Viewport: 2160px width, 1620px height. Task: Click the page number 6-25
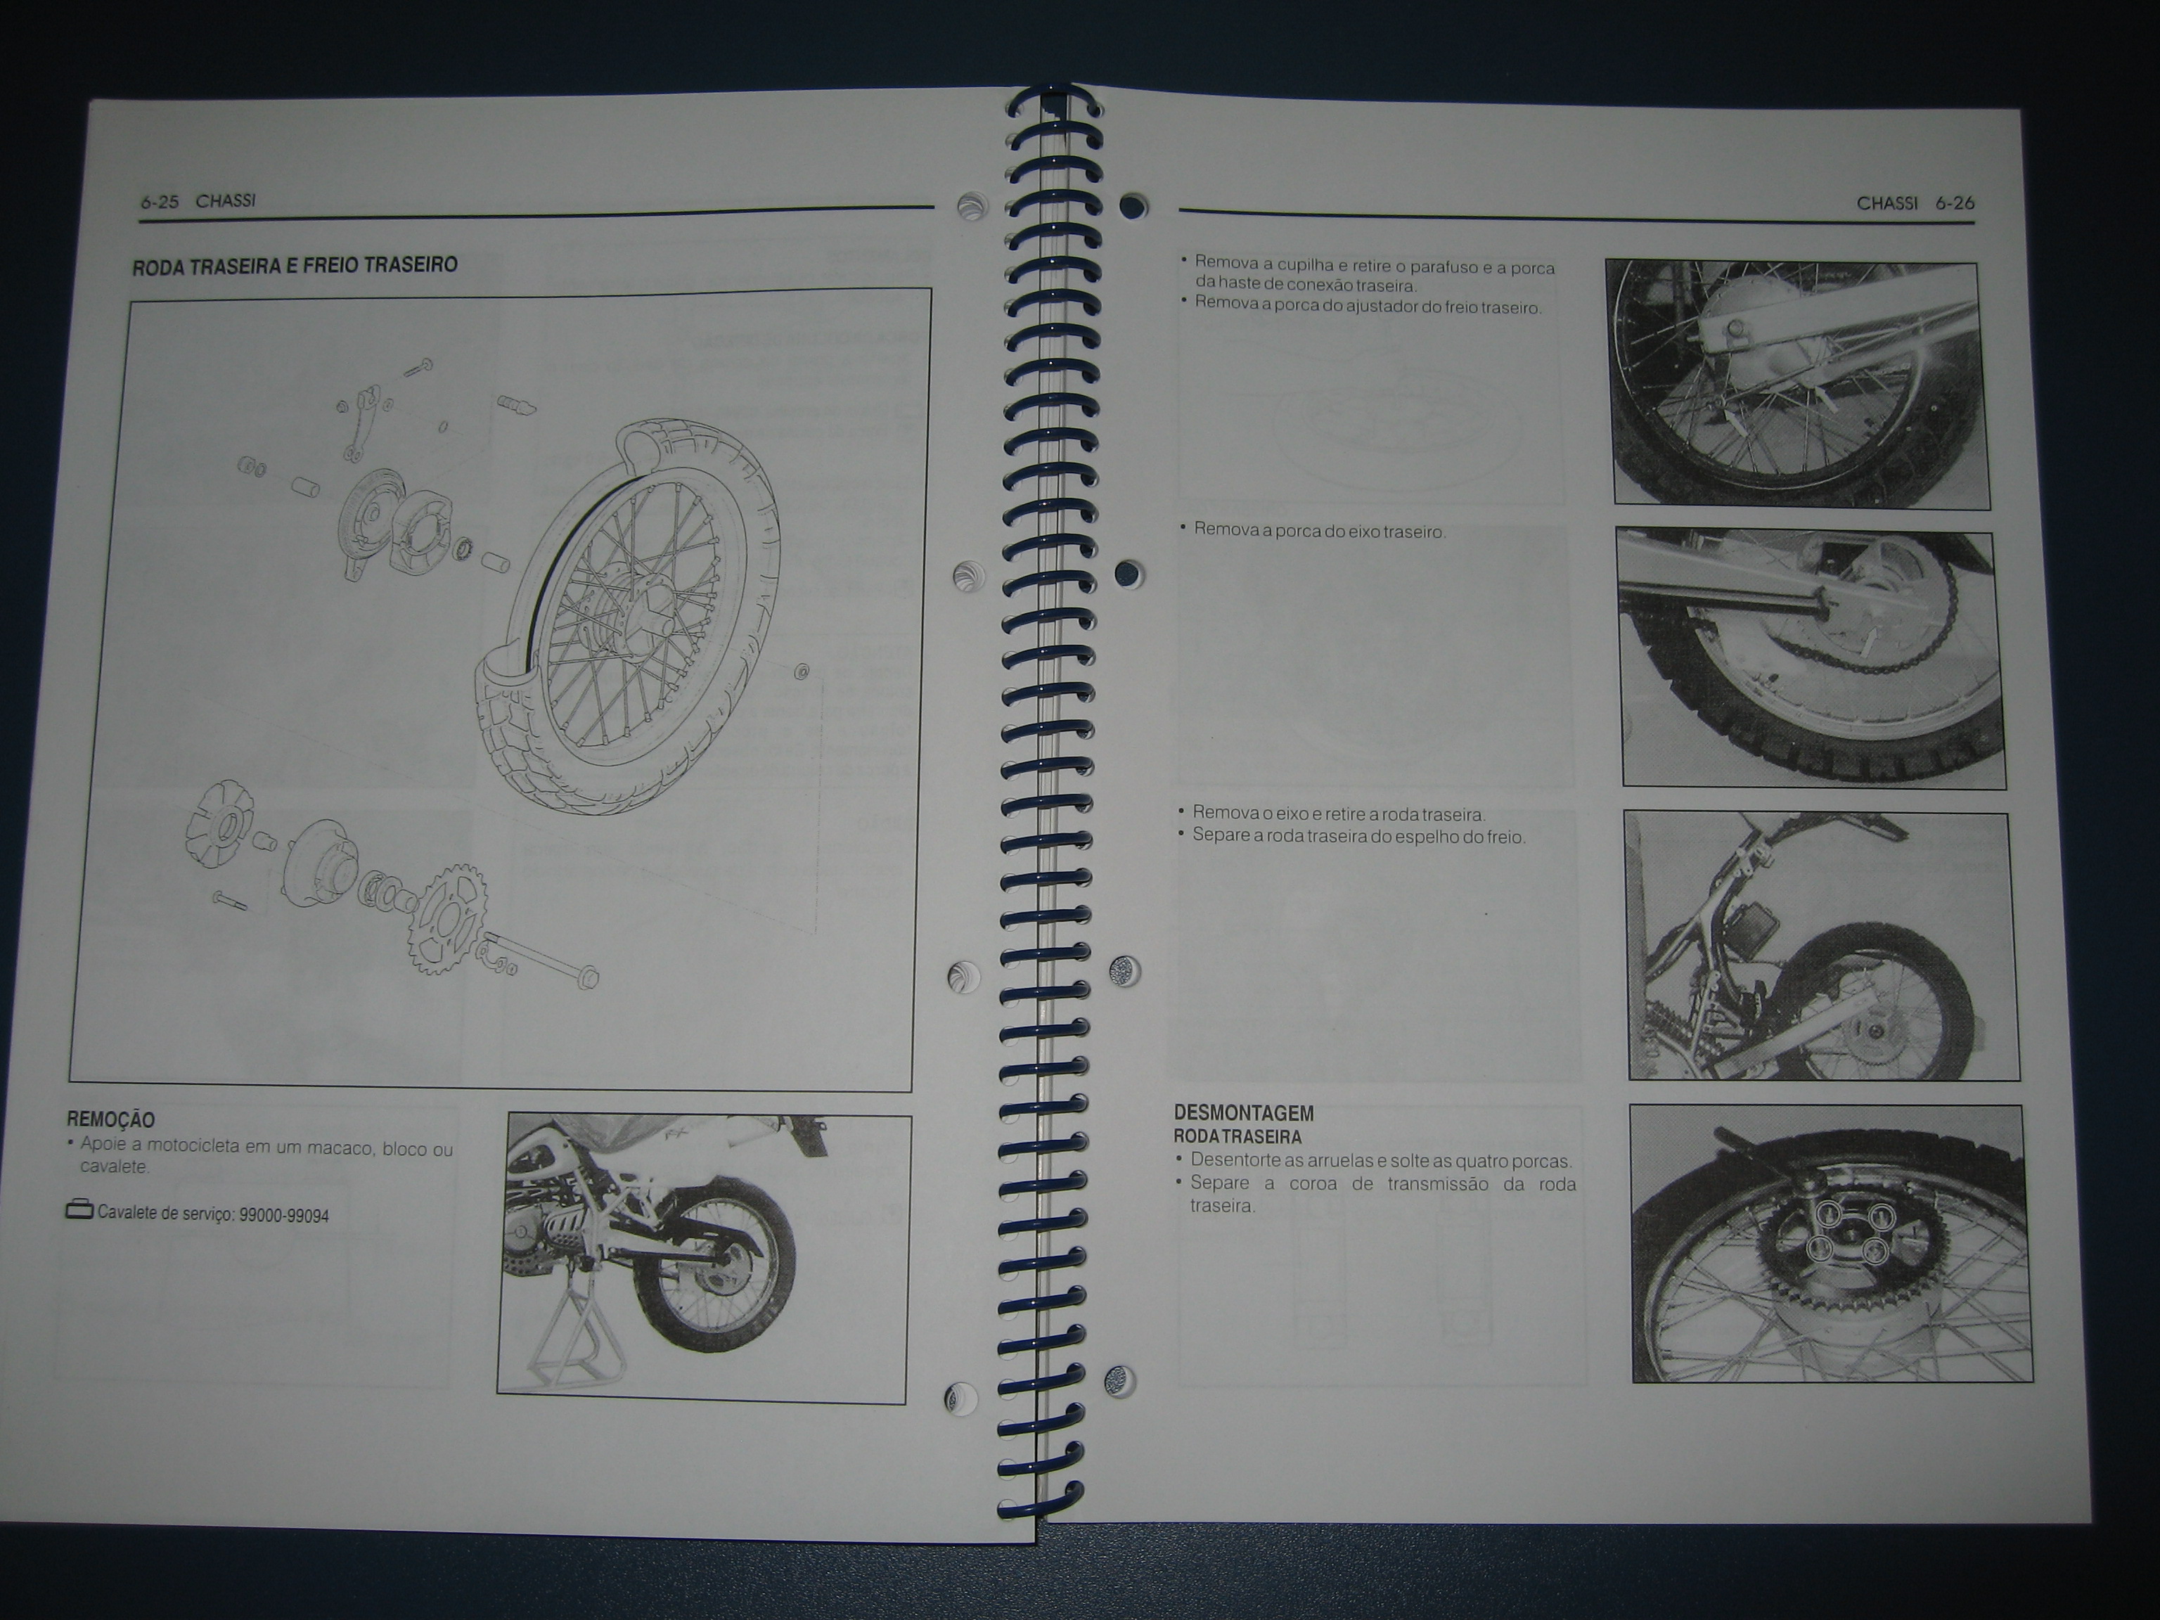point(159,202)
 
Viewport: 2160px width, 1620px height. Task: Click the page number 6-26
point(1955,203)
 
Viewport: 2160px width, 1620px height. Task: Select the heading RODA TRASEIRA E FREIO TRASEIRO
point(295,264)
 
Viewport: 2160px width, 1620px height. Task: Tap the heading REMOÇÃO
point(110,1120)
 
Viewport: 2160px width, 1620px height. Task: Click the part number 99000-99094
point(284,1216)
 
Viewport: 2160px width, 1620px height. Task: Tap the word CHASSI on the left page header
point(226,201)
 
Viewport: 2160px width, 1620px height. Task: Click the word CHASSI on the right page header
point(1886,203)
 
